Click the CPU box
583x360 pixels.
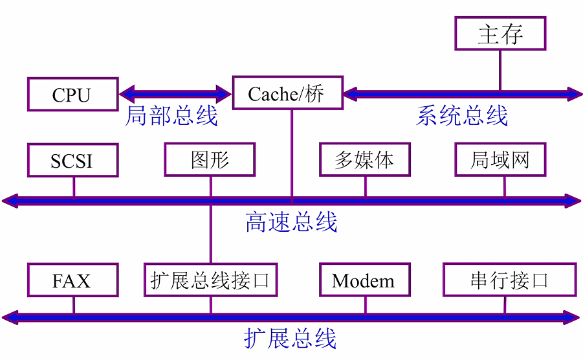coord(73,95)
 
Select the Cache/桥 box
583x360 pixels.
coord(287,94)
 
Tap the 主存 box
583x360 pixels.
coord(500,34)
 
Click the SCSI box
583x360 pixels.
coord(73,160)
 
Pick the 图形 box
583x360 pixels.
coord(210,160)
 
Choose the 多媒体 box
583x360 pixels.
coord(365,160)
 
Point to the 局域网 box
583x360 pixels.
coord(500,160)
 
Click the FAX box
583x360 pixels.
coord(73,280)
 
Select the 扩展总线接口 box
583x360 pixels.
coord(210,280)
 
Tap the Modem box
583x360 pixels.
coord(365,280)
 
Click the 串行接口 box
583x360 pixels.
coord(509,280)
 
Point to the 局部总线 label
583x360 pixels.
coord(171,117)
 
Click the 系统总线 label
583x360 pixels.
coord(461,117)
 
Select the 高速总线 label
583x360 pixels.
coord(291,222)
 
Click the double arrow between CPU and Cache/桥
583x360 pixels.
coord(175,94)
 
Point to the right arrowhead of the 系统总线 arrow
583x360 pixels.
coord(575,94)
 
